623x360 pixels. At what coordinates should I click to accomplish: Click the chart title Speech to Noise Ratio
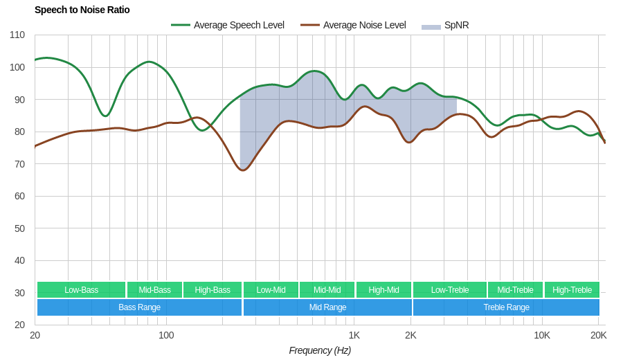point(82,10)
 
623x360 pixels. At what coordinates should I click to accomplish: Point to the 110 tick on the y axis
point(17,35)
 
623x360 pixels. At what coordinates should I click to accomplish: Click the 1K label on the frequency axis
point(354,335)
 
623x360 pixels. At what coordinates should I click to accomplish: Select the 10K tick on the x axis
point(542,335)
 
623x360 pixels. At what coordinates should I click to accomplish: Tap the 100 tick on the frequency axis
point(166,335)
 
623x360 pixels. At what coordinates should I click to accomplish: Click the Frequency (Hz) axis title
point(320,350)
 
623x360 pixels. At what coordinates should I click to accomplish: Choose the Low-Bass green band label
point(81,290)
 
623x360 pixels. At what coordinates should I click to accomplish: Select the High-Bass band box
point(213,290)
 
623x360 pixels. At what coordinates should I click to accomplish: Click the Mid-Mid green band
point(327,290)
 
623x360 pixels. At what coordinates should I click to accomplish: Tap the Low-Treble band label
point(450,290)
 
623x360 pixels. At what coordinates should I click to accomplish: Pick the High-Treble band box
point(572,290)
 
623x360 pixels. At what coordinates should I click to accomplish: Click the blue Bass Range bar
point(139,307)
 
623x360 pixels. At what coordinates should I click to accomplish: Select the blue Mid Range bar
point(327,307)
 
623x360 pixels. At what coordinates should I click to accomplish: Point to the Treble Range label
point(506,307)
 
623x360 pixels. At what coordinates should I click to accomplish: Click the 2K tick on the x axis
point(411,335)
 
